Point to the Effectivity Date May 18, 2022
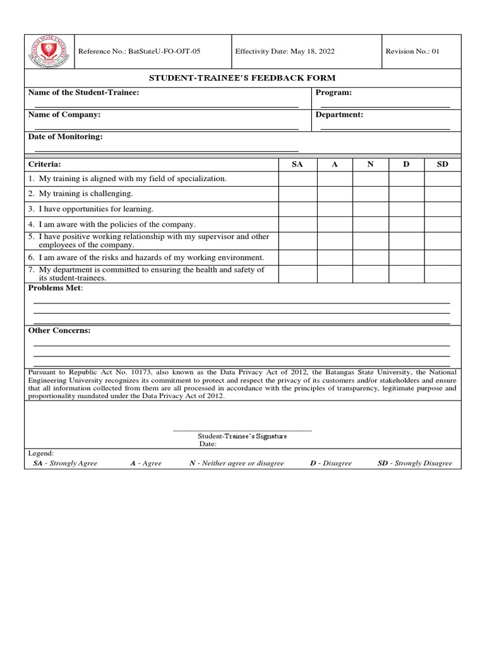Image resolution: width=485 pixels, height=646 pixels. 285,52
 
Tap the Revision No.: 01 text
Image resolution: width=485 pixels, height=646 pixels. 412,52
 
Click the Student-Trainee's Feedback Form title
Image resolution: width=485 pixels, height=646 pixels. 242,78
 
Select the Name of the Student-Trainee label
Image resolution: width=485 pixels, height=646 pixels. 84,93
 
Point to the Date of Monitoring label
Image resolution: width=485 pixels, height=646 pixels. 65,137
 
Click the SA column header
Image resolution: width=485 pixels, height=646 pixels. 297,164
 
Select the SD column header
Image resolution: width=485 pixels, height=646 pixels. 443,164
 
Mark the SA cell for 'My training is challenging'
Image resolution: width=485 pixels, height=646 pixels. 297,194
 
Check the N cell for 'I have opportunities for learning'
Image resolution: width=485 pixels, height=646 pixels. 371,209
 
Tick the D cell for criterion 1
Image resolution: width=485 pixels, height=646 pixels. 406,179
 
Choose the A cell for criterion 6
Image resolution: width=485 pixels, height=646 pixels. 335,257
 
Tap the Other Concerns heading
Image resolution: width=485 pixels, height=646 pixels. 59,331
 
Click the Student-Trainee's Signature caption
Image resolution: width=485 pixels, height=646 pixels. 242,436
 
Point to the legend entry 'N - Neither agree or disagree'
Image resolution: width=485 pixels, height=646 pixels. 237,463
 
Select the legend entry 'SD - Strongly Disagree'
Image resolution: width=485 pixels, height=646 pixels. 415,463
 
